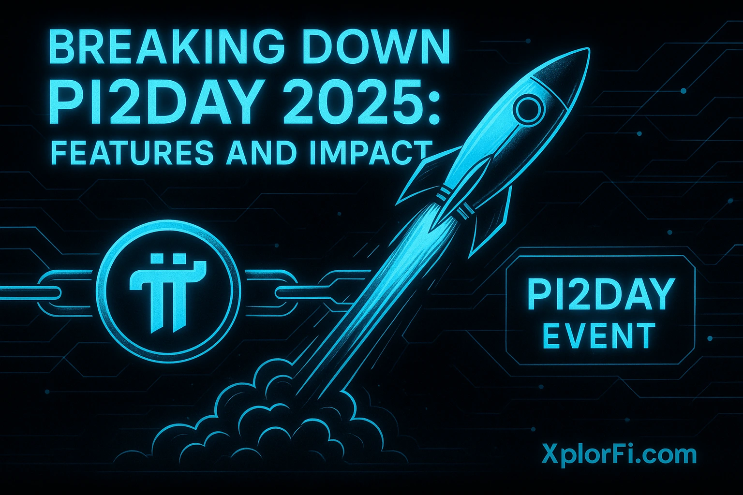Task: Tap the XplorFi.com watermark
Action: click(x=619, y=455)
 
